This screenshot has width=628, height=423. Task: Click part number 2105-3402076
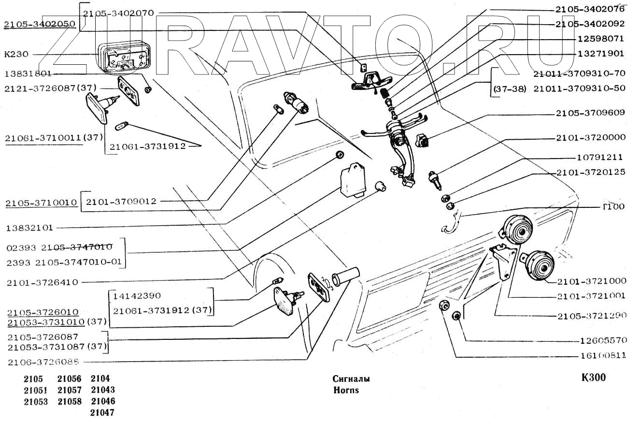[x=590, y=10]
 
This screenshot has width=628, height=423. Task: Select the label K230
[x=16, y=54]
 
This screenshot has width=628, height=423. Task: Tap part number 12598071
[x=600, y=39]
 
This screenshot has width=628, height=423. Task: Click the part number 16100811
[x=603, y=356]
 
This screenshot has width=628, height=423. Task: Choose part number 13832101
[x=29, y=228]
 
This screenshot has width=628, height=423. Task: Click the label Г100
[x=614, y=207]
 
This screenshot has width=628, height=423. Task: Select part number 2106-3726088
[x=43, y=363]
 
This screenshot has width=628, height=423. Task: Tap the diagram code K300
[x=594, y=378]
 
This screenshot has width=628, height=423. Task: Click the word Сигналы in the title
[x=351, y=379]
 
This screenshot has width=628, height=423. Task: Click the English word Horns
[x=346, y=390]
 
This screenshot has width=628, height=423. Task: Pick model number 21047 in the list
[x=102, y=413]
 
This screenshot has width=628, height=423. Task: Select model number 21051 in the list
[x=36, y=390]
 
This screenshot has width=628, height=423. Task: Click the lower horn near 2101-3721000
[x=538, y=265]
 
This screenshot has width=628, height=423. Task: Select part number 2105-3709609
[x=590, y=113]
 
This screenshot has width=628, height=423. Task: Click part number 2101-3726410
[x=43, y=282]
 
